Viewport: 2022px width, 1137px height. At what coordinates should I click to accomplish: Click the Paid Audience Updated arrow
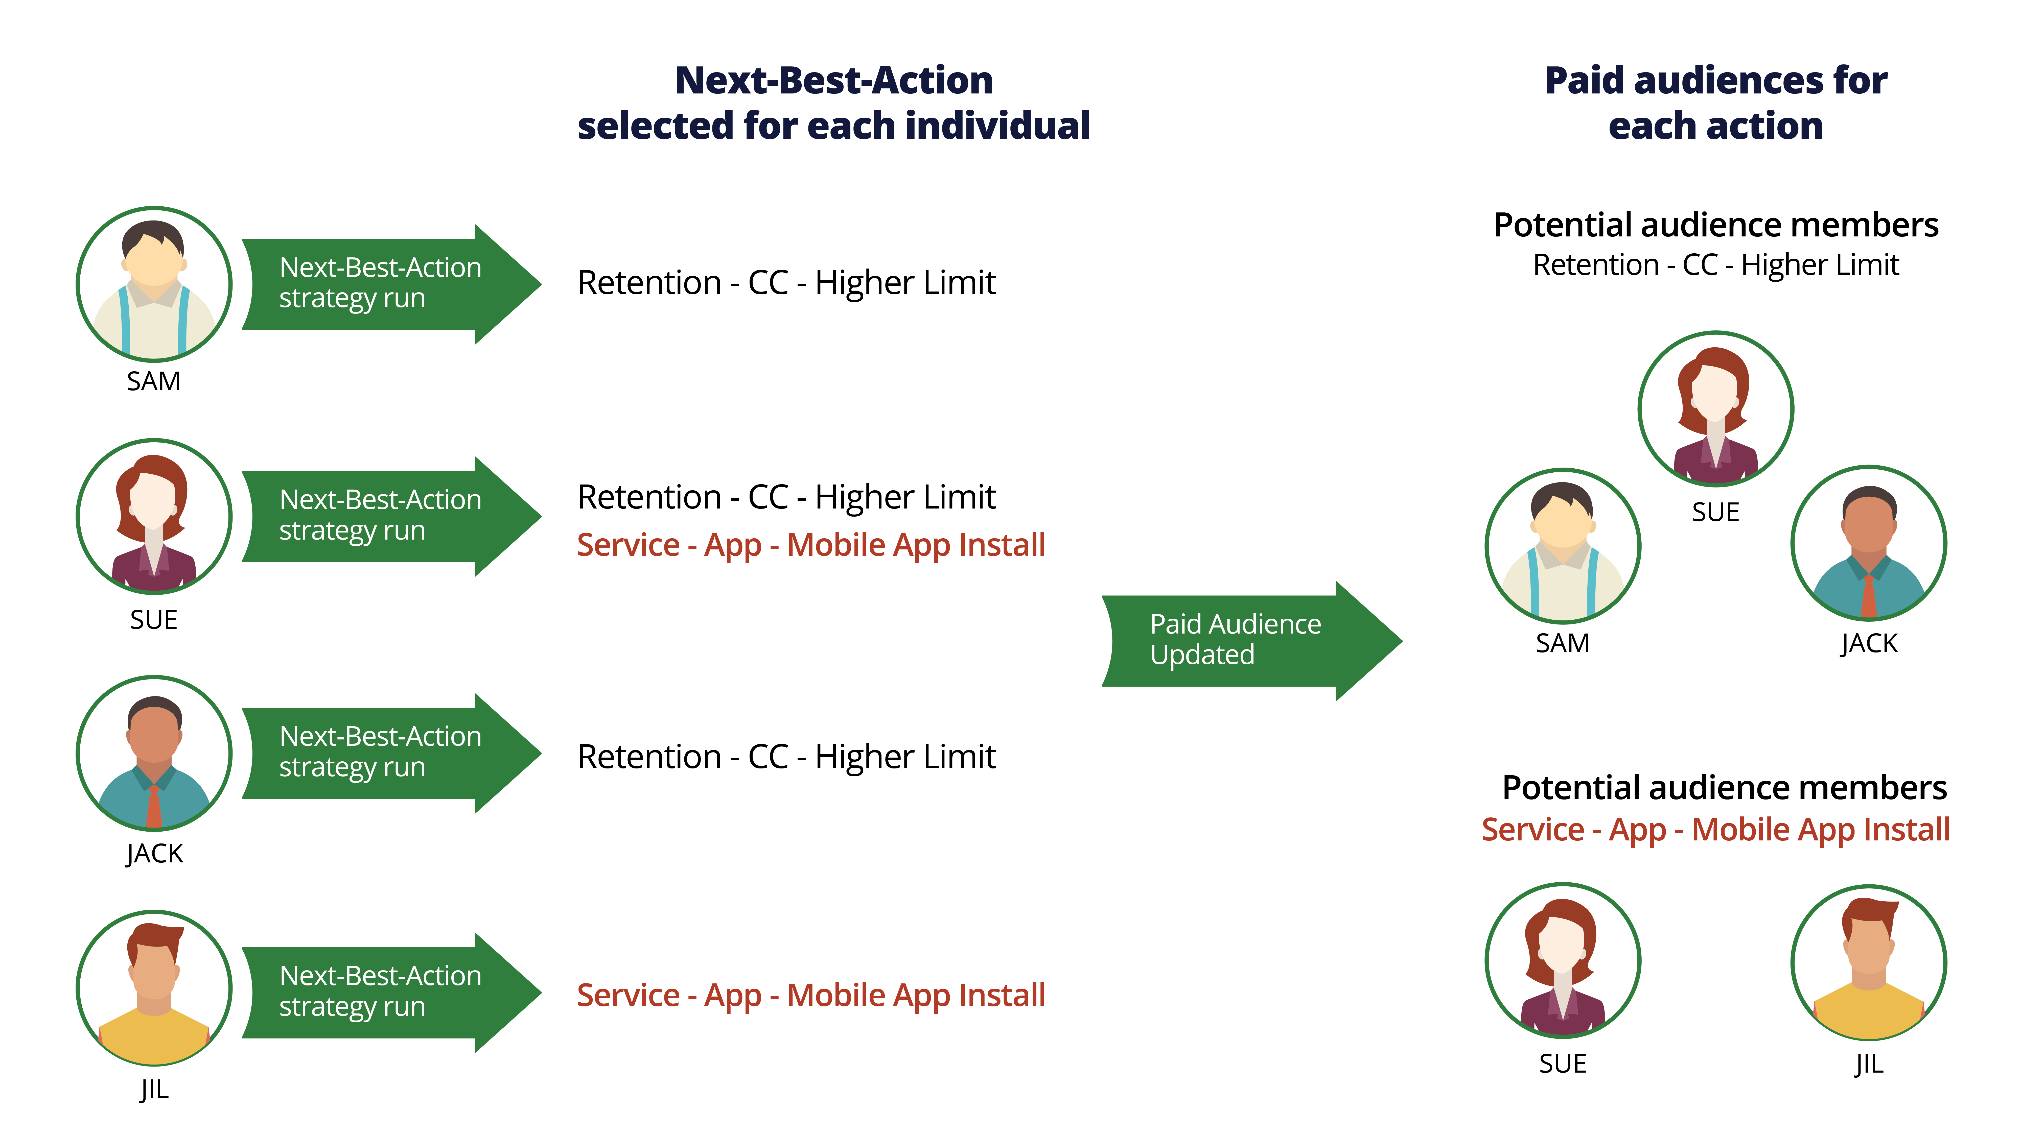pos(1240,640)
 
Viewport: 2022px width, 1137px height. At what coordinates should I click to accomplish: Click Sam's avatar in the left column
pos(154,284)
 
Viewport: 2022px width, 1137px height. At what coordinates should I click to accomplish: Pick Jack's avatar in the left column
pos(154,753)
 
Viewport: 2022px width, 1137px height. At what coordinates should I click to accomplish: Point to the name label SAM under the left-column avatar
pos(154,381)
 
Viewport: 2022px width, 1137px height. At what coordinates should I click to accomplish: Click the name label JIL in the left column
pos(154,1089)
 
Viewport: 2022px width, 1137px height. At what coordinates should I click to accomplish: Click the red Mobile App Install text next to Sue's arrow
pos(811,545)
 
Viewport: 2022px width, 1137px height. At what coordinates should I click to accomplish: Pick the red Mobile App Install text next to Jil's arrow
pos(811,995)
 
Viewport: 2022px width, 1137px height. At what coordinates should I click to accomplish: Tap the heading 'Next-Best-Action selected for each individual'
pos(834,103)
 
